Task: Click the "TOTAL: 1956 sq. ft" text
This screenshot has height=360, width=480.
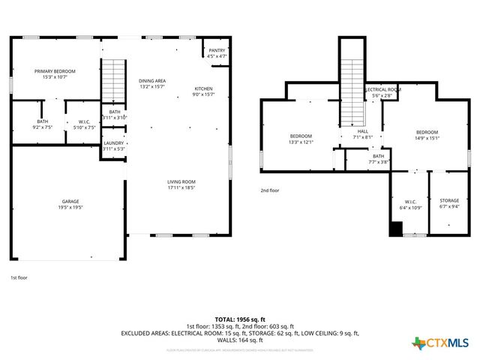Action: (x=240, y=318)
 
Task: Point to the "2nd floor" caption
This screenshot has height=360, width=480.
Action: (x=269, y=190)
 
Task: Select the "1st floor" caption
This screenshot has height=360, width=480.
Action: (x=19, y=278)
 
